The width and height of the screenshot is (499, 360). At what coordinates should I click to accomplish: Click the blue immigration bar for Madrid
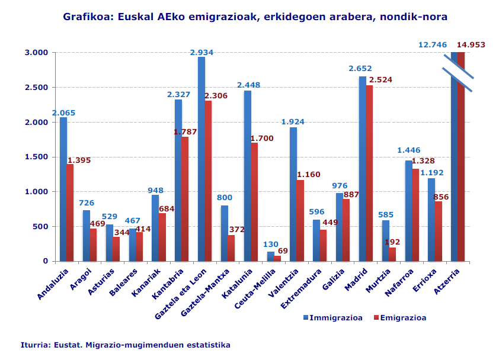pyautogui.click(x=362, y=169)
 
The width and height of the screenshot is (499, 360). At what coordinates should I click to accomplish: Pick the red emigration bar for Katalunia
pyautogui.click(x=254, y=201)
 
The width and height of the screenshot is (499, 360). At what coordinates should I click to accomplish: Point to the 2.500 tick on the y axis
pyautogui.click(x=36, y=87)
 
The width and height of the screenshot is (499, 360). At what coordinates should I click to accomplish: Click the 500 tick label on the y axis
pyautogui.click(x=40, y=226)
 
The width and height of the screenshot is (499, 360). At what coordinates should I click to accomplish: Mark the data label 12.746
pyautogui.click(x=433, y=44)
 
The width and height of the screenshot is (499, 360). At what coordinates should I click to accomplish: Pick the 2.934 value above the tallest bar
pyautogui.click(x=201, y=52)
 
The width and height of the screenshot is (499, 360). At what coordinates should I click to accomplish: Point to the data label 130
pyautogui.click(x=270, y=244)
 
